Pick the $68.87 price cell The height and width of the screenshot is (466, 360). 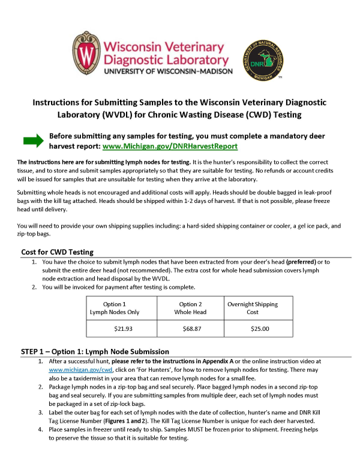(x=190, y=328)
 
